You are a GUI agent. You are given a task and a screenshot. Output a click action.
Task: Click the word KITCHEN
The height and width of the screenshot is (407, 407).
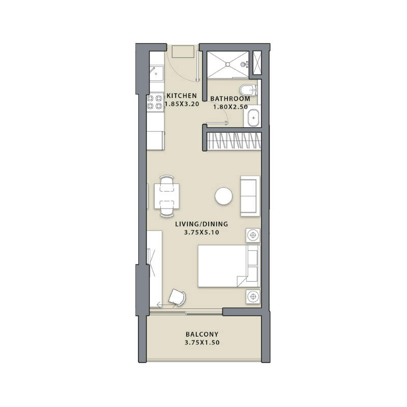coord(181,96)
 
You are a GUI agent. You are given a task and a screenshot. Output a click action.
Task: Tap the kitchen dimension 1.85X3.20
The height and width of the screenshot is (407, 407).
coord(181,104)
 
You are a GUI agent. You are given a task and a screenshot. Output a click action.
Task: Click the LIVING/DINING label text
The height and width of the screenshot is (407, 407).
coord(201,224)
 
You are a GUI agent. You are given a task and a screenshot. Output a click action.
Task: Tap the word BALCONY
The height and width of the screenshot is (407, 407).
coord(202,334)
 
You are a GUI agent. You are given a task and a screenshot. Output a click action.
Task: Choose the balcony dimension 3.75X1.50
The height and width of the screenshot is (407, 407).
coord(202,343)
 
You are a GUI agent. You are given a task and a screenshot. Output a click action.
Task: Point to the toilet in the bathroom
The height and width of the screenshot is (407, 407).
coord(248,91)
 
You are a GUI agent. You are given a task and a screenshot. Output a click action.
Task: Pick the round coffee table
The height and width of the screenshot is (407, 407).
coord(224,197)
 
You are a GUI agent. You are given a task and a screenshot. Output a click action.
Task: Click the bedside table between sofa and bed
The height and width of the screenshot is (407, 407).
coord(252,235)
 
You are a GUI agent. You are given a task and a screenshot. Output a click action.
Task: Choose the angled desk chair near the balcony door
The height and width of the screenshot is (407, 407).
coord(178,297)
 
